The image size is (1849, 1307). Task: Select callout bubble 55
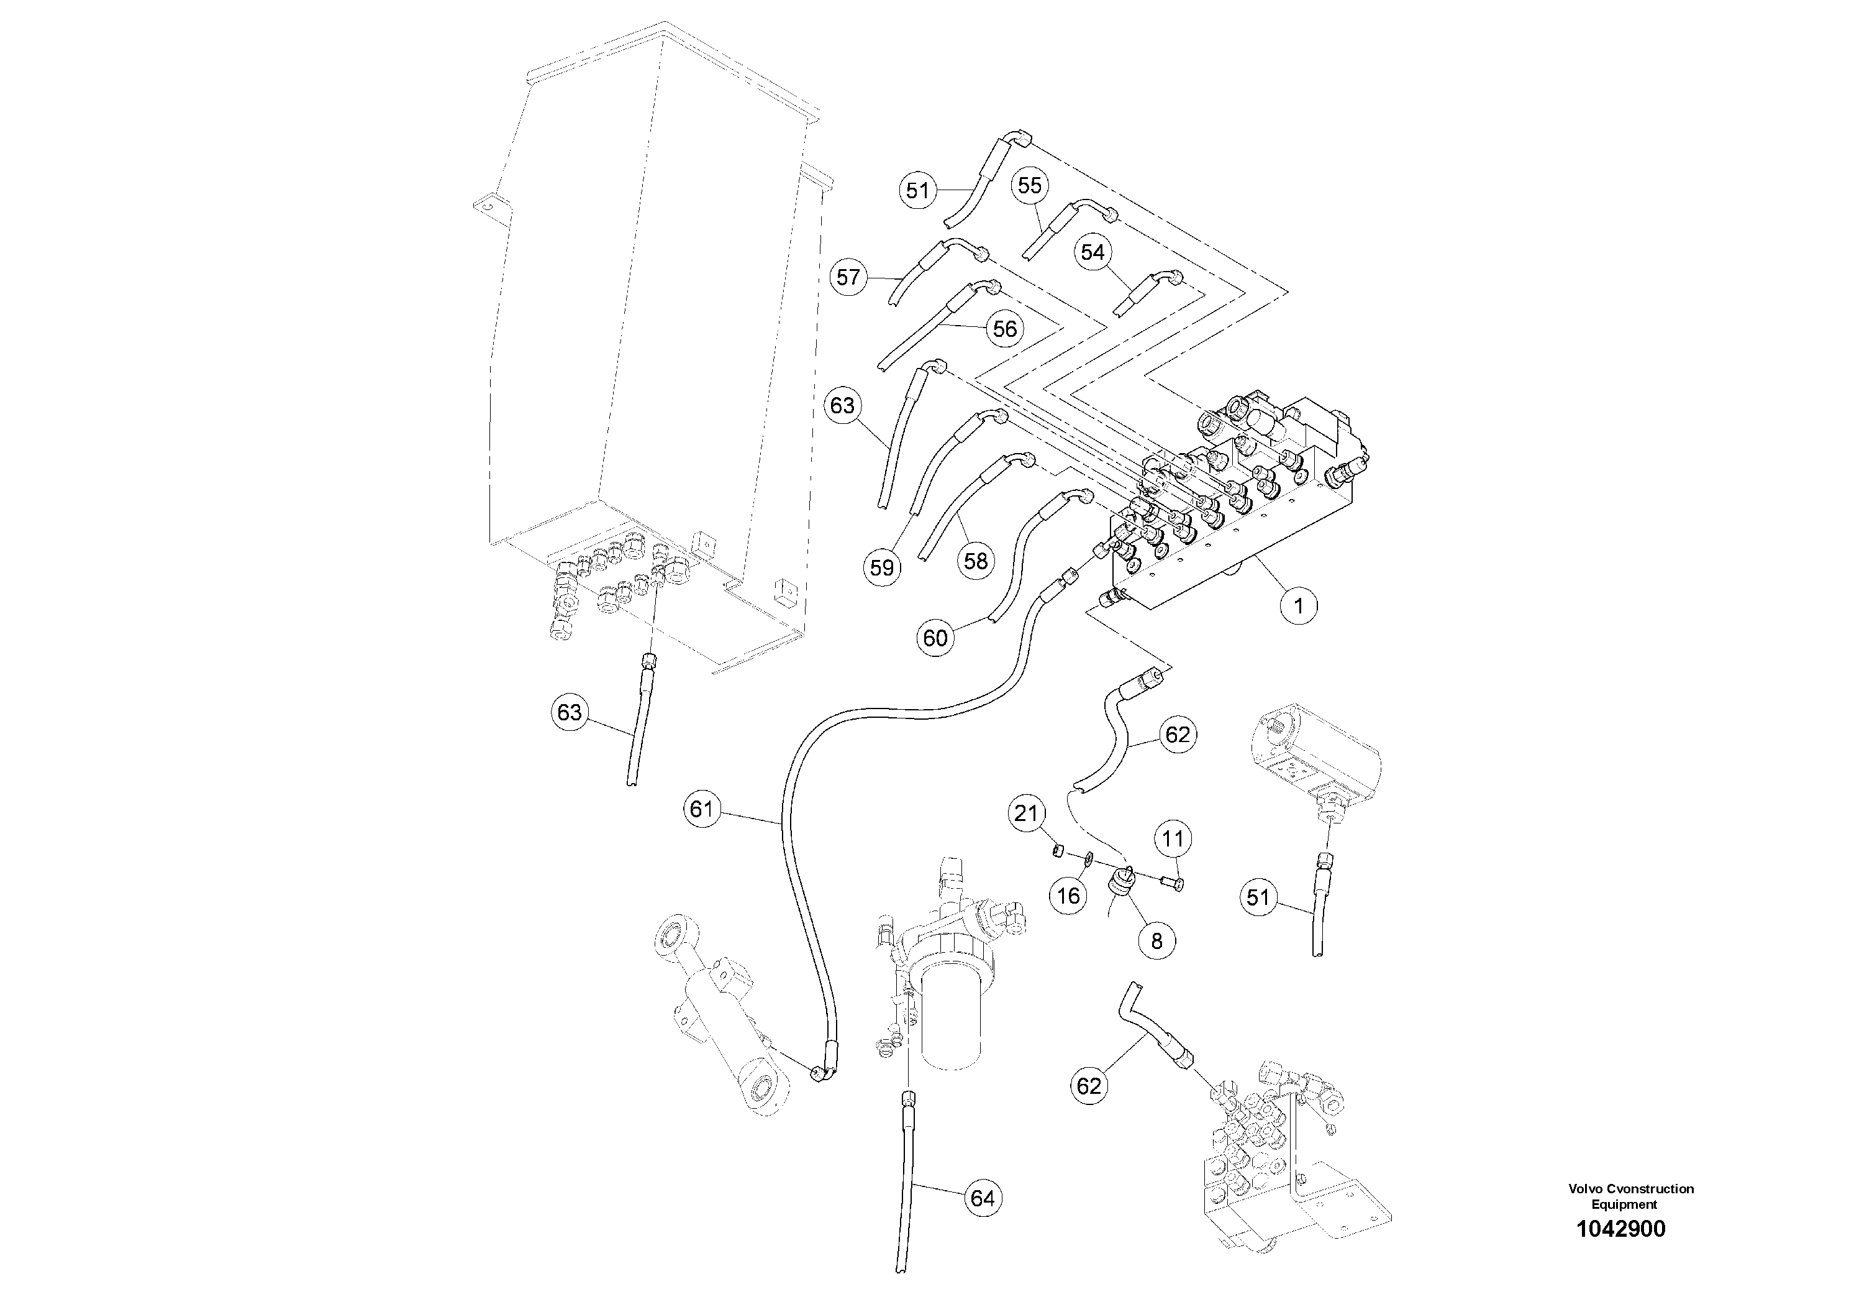point(1029,185)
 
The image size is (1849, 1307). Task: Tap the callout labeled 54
point(1092,252)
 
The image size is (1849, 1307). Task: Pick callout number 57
point(848,277)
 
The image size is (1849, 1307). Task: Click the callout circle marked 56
point(1004,329)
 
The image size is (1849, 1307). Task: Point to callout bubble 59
point(882,567)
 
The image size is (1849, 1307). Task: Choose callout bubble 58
point(975,560)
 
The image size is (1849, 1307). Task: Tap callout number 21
point(1026,814)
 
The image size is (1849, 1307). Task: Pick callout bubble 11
point(1173,839)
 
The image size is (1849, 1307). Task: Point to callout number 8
point(1156,940)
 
